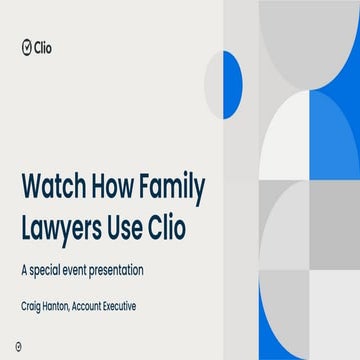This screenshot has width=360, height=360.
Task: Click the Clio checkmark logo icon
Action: (x=26, y=45)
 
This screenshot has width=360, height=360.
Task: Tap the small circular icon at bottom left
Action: (x=23, y=344)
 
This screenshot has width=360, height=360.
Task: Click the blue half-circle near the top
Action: (x=233, y=83)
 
